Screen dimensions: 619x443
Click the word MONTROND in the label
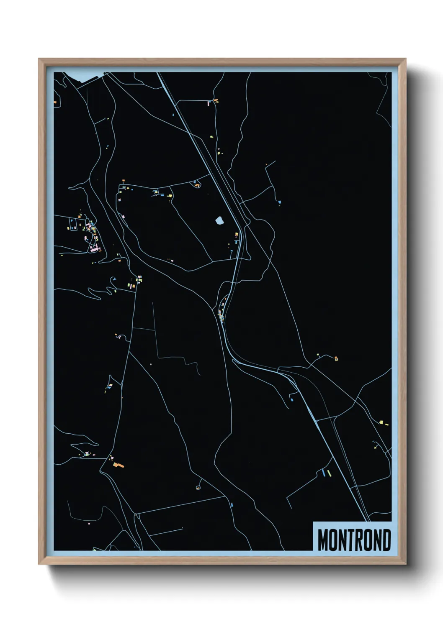pos(354,540)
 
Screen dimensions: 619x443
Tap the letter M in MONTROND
pos(323,540)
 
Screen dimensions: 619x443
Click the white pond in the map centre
pos(219,220)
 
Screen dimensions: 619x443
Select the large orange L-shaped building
pos(118,465)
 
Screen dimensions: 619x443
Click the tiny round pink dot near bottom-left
pos(89,523)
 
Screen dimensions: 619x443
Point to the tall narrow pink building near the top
pos(208,103)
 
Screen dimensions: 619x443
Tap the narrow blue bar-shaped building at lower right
pos(323,473)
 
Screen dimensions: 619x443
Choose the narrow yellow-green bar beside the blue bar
pos(329,473)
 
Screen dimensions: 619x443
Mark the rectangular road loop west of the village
pos(73,224)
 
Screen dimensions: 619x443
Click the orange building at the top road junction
pos(216,100)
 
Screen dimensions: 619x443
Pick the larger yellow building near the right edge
pos(381,422)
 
